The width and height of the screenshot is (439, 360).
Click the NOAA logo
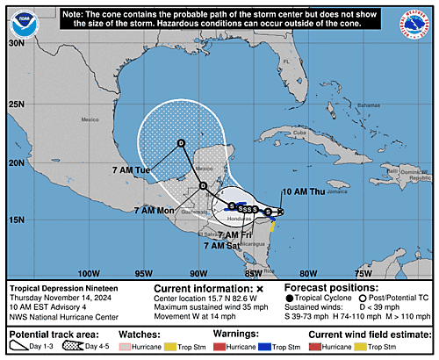20,18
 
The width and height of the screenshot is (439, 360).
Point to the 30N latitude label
16,42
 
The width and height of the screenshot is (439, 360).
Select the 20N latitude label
16,162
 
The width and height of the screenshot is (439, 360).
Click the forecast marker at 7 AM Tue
181,142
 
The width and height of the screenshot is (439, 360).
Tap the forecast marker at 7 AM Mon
202,186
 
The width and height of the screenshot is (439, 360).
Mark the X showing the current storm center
280,211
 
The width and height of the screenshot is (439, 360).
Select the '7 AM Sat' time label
221,246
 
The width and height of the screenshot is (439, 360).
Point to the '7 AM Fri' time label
235,235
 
